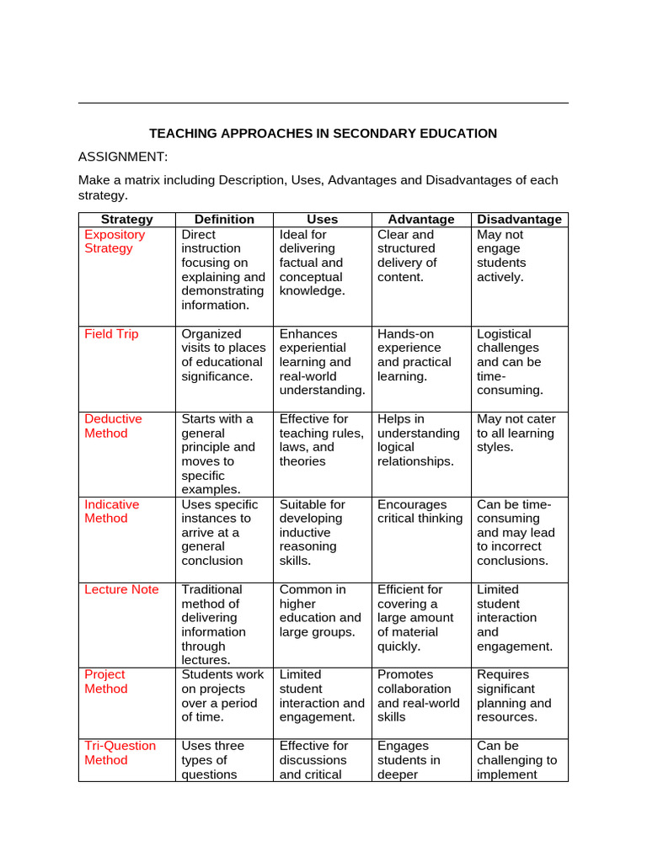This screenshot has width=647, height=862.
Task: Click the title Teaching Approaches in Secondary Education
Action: pos(323,133)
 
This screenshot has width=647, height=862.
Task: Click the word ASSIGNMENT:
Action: pos(123,157)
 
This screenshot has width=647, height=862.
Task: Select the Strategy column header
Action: pos(126,219)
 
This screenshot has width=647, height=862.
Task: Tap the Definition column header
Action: pos(224,219)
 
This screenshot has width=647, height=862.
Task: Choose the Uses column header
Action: pos(322,219)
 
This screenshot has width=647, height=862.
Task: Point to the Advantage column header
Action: pos(420,219)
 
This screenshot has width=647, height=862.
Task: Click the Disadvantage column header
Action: pos(519,219)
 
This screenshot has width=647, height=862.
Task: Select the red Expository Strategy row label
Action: pos(115,242)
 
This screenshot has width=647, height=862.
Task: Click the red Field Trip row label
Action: pos(111,334)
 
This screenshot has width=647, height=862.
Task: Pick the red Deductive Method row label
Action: pos(113,426)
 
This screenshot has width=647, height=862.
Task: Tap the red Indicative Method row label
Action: pos(112,511)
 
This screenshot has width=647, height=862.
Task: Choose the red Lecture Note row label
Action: pos(121,589)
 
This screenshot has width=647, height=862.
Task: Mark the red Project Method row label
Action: pos(106,681)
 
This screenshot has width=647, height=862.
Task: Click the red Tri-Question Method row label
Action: pos(120,753)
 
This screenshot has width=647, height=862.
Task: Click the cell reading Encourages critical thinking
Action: pos(420,511)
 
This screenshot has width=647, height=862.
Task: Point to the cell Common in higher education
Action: pos(320,610)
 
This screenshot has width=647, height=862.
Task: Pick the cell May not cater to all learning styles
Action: pos(516,433)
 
